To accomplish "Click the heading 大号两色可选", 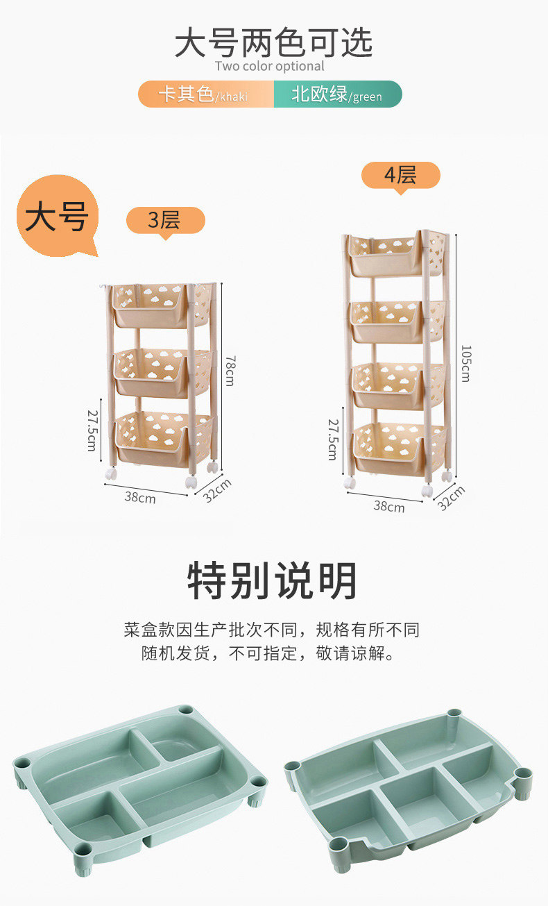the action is click(273, 43).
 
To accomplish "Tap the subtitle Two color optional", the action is click(270, 67).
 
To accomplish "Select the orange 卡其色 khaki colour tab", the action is click(205, 94).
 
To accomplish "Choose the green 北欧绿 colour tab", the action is click(337, 94).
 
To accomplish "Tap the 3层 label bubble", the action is click(164, 220).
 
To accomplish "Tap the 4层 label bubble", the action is click(400, 175).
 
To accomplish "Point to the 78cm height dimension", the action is click(229, 371).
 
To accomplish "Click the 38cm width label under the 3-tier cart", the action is click(140, 497).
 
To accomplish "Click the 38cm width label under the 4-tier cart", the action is click(388, 506).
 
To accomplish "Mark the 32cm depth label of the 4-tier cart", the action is click(452, 497).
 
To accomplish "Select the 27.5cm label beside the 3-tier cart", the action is click(91, 428).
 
